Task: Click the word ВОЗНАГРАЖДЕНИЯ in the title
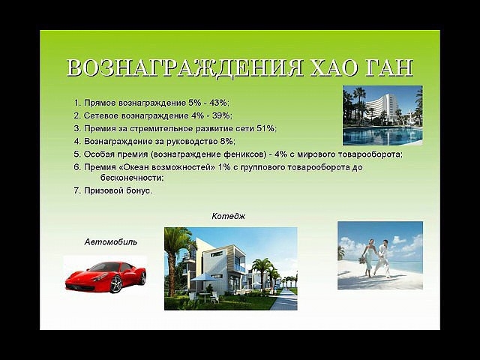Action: point(185,67)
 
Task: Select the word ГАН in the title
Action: point(388,67)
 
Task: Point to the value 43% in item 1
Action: point(219,103)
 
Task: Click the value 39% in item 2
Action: point(222,115)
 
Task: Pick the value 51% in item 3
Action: point(266,128)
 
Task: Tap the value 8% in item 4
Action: point(227,142)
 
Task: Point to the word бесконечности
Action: point(132,178)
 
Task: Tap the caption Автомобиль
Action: point(110,241)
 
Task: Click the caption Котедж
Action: point(228,216)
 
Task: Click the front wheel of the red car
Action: point(115,284)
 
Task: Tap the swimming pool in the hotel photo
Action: point(382,136)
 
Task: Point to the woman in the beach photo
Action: point(367,258)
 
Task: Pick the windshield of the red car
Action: point(106,267)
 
